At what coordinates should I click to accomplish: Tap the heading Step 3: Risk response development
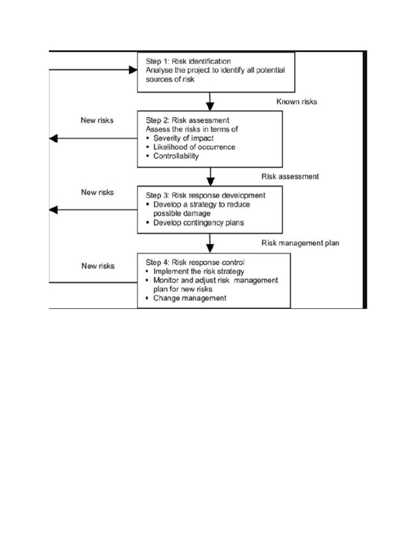tap(205, 195)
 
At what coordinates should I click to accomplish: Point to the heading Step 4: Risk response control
tap(195, 262)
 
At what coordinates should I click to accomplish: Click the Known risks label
tap(297, 101)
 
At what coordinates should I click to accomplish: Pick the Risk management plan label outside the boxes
tap(300, 243)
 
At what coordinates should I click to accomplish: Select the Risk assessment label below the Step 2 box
tap(290, 176)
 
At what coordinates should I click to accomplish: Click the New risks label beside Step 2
tap(97, 120)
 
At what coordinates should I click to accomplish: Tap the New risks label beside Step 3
tap(97, 192)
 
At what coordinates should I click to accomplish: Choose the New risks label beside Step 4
tap(97, 266)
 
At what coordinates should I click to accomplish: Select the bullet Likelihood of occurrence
tap(194, 147)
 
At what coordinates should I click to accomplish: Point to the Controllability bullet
tap(176, 156)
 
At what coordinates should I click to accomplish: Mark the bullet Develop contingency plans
tap(198, 222)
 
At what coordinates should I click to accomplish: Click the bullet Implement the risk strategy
tap(198, 271)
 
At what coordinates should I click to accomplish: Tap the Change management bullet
tap(190, 298)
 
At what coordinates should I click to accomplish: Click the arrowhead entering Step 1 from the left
tap(133, 69)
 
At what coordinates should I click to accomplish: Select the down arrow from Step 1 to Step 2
tap(210, 102)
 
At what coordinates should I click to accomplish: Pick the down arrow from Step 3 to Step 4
tap(210, 243)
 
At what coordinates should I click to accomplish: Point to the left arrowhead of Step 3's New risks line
tap(53, 210)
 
